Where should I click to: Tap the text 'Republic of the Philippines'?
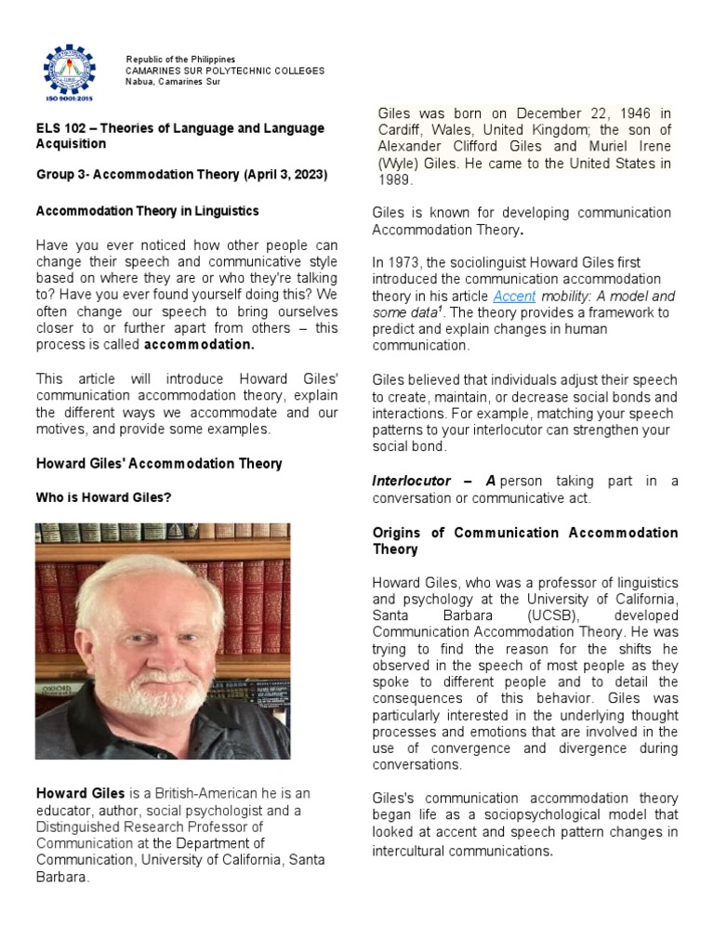(x=180, y=59)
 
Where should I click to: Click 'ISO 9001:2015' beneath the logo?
(x=70, y=97)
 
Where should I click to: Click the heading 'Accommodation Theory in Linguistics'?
(x=147, y=211)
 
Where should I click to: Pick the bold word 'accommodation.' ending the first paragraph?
(x=199, y=345)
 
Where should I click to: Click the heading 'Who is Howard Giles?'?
(x=103, y=497)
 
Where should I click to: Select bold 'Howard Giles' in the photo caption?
(x=80, y=793)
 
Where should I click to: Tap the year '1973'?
(x=407, y=263)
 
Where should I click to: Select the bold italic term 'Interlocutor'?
(x=411, y=481)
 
